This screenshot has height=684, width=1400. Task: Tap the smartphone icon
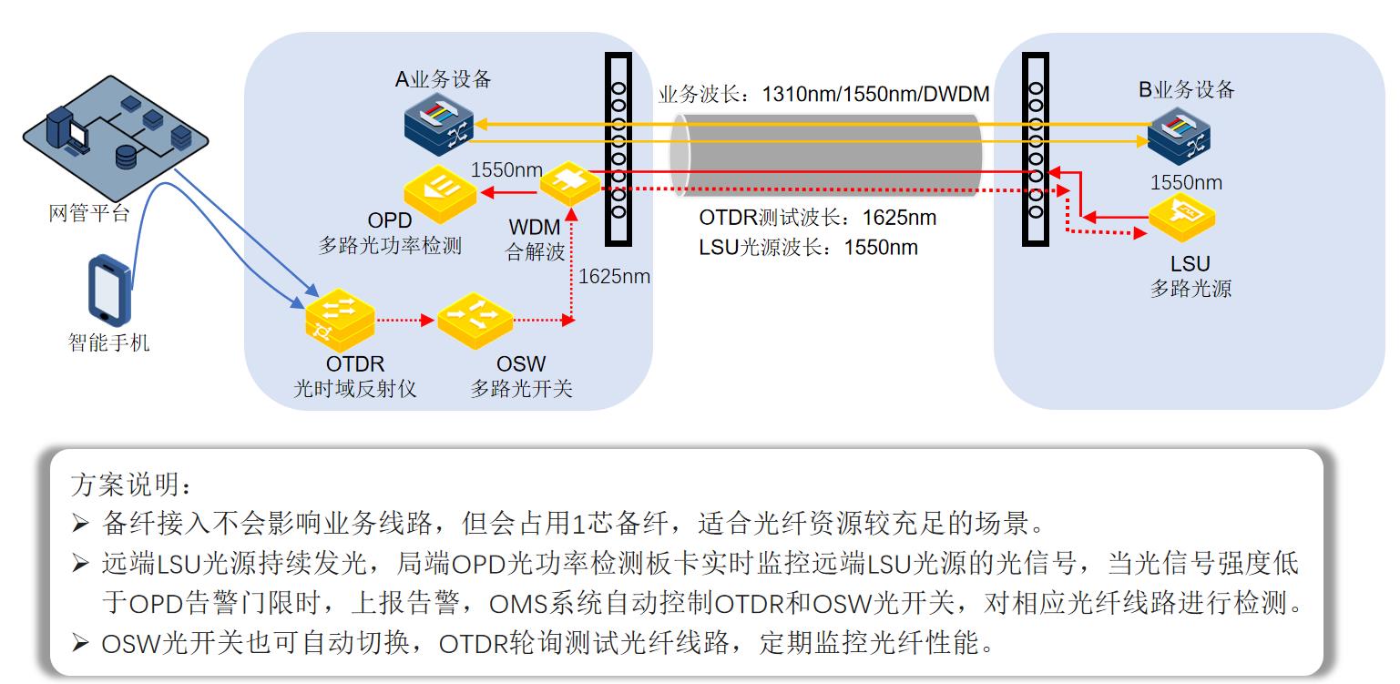[108, 289]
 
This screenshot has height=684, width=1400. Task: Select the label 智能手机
[109, 342]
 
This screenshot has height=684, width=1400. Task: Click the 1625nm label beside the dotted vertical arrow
[614, 276]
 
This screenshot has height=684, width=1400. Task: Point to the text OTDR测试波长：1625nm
[817, 219]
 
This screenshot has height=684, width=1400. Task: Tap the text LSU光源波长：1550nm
[808, 248]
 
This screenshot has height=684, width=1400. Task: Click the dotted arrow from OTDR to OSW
[401, 321]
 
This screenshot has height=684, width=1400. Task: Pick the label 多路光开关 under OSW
[521, 389]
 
